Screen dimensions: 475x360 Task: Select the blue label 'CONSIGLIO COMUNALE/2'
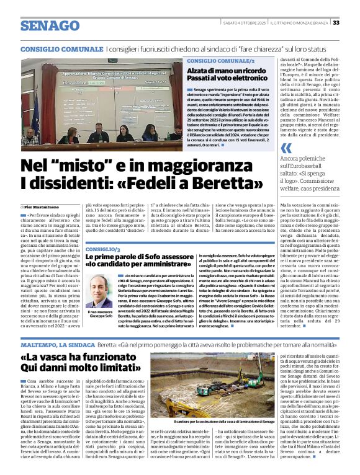pyautogui.click(x=220, y=62)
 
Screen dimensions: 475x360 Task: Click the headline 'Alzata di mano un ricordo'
pyautogui.click(x=236, y=71)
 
